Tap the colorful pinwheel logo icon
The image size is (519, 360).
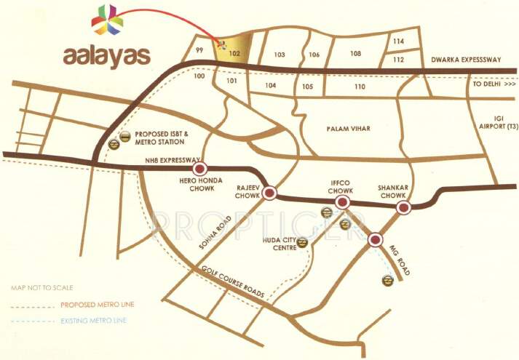tap(107, 20)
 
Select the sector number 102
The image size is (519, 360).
tap(234, 53)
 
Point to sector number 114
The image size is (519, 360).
tap(398, 41)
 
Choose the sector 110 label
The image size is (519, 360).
tap(359, 87)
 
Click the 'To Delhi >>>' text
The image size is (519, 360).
tap(493, 84)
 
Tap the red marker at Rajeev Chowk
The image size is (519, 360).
tap(270, 193)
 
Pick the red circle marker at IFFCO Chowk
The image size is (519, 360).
tap(344, 201)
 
